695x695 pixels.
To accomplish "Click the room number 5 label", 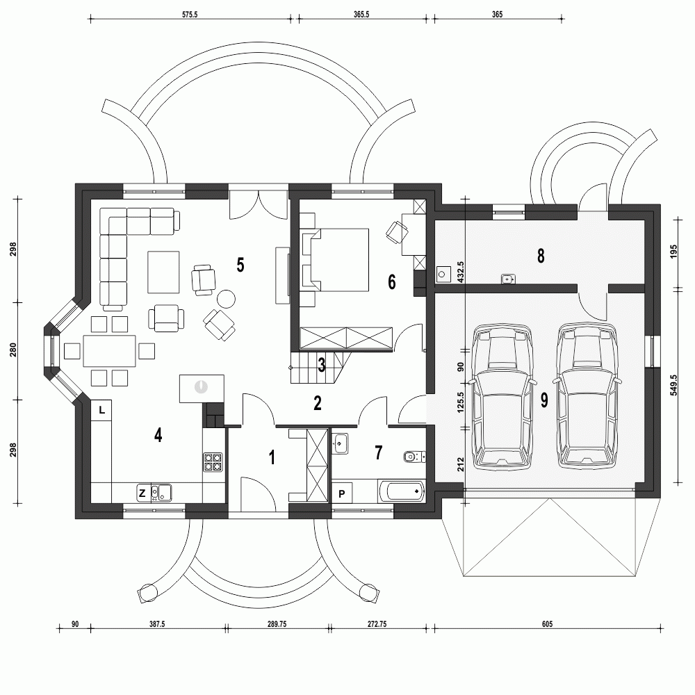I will tap(240, 265).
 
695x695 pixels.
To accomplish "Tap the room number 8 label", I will tap(540, 256).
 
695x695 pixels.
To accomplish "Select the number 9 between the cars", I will tap(543, 400).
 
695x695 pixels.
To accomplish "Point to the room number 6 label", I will tap(391, 282).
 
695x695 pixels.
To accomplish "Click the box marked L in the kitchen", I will tap(101, 410).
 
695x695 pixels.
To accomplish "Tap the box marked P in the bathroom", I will tap(342, 493).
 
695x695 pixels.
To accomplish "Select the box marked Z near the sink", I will tap(142, 493).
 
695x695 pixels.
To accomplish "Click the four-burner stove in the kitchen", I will tap(213, 463).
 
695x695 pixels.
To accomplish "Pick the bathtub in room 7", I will tap(402, 491).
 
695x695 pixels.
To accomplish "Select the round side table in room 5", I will tap(227, 300).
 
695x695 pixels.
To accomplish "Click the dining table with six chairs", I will tap(110, 350).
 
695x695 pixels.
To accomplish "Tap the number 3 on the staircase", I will tap(321, 365).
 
